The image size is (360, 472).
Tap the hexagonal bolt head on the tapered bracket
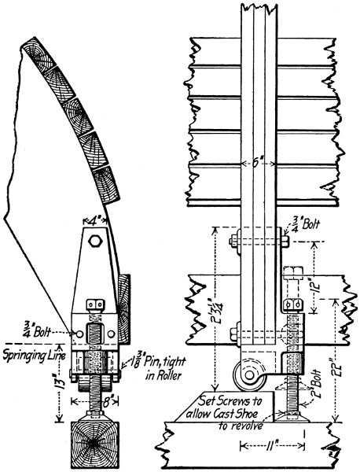click(95, 241)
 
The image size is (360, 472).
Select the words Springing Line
click(34, 356)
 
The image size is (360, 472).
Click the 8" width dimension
click(95, 400)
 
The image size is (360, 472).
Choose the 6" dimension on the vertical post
click(259, 164)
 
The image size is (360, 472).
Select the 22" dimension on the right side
click(336, 361)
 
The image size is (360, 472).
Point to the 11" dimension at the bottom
click(273, 445)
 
